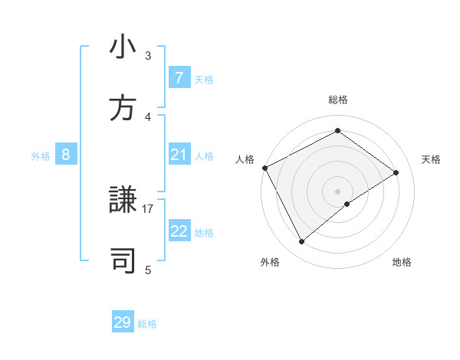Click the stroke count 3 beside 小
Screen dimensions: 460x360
pyautogui.click(x=148, y=56)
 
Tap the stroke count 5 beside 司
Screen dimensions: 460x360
pyautogui.click(x=148, y=270)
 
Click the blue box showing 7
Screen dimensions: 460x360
pyautogui.click(x=179, y=78)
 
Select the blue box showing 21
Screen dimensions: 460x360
pyautogui.click(x=179, y=155)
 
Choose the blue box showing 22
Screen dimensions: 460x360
pyautogui.click(x=179, y=232)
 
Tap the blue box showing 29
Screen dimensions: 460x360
pyautogui.click(x=123, y=322)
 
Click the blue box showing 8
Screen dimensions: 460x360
pyautogui.click(x=66, y=155)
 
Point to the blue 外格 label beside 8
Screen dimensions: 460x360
pyautogui.click(x=41, y=156)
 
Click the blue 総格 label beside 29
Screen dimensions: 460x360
pyautogui.click(x=147, y=324)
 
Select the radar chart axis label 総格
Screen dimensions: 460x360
pyautogui.click(x=338, y=100)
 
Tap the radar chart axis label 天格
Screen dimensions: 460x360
pyautogui.click(x=432, y=159)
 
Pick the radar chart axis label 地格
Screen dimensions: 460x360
pyautogui.click(x=402, y=262)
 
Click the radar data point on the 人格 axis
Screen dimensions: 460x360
pyautogui.click(x=264, y=168)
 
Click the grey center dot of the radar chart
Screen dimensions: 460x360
pyautogui.click(x=338, y=191)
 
